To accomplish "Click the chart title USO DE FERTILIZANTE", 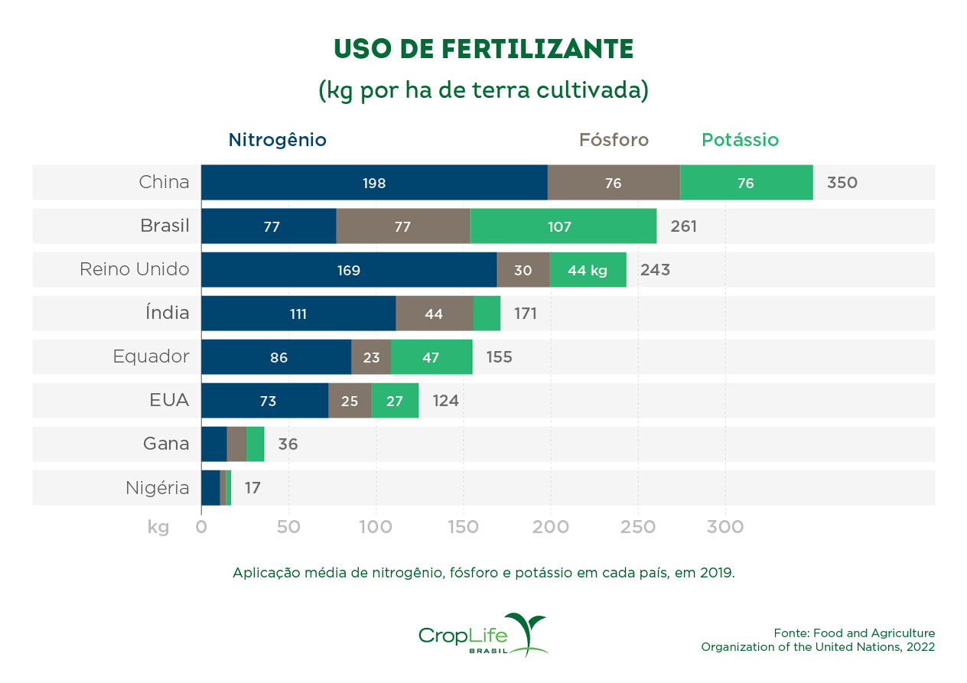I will (x=483, y=49).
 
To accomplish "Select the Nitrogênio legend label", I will (x=277, y=141).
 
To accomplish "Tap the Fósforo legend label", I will (x=614, y=141).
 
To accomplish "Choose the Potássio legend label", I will (x=740, y=141).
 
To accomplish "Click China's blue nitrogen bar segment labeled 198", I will (x=374, y=183).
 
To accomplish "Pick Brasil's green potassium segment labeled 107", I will (x=563, y=226).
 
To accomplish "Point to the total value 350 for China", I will (x=842, y=183).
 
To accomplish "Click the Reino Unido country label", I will (x=135, y=270).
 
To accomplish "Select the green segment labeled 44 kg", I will (x=588, y=270).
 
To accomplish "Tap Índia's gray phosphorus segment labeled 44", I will (x=434, y=314).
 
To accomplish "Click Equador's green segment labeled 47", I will (x=431, y=357).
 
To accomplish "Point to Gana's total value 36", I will (x=288, y=444).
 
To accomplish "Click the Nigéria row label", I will (x=158, y=488).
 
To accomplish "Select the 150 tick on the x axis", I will (x=463, y=527).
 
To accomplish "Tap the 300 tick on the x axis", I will (x=724, y=527).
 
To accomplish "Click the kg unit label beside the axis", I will (x=158, y=527).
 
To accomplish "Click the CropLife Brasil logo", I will (x=483, y=635).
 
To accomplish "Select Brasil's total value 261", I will (x=683, y=226).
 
